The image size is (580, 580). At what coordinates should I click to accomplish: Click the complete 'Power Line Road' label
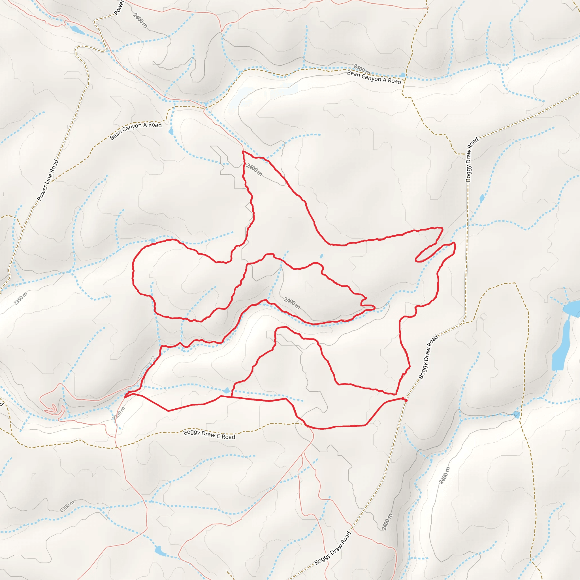[48, 180]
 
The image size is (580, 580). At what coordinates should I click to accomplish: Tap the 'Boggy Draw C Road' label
[209, 434]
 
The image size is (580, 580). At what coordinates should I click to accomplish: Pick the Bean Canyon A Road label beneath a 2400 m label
[374, 77]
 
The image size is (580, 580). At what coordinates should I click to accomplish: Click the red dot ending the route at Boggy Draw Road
[406, 400]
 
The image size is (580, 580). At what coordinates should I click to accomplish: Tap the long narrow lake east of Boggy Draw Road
[561, 345]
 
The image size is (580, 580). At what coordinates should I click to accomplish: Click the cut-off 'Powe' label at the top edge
[119, 8]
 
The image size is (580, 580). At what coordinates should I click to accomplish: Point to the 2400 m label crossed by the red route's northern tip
[254, 170]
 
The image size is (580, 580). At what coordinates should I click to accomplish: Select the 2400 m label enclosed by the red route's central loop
[292, 303]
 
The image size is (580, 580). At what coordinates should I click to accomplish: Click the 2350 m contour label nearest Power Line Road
[20, 298]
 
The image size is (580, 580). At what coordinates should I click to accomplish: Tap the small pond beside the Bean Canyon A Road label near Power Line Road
[171, 131]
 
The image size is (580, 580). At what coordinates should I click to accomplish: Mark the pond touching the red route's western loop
[153, 240]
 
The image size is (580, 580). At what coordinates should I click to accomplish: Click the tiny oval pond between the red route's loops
[321, 256]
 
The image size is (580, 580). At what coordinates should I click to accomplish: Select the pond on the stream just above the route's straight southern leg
[227, 390]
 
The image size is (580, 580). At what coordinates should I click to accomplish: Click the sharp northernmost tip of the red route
[243, 151]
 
